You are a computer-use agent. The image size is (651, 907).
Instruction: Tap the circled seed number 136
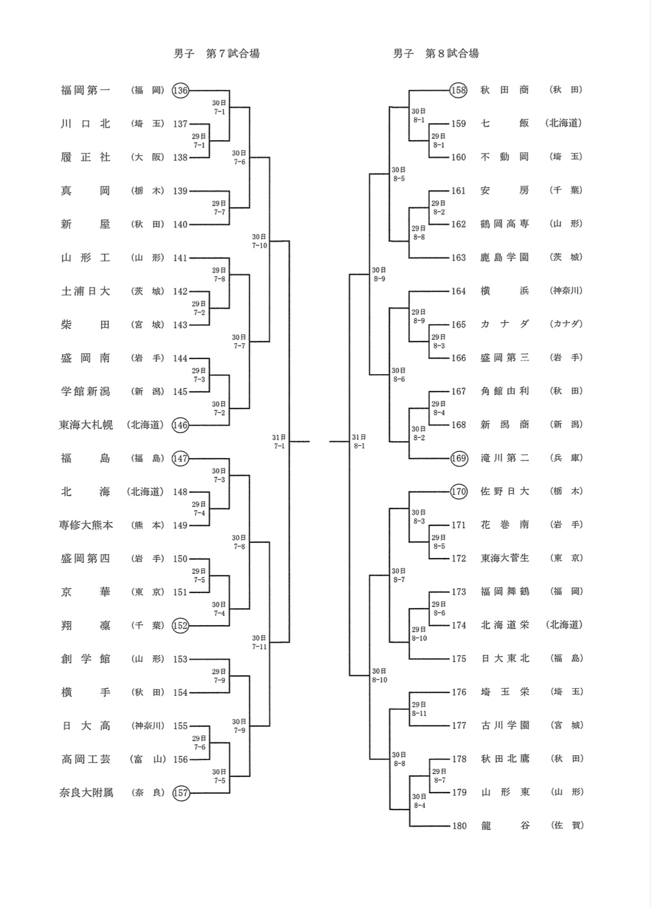181,90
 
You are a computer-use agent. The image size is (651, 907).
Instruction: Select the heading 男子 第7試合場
216,54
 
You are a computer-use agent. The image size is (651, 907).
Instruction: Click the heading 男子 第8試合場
436,54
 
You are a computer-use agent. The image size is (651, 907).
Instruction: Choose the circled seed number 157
181,793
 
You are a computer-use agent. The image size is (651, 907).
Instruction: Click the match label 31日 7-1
279,442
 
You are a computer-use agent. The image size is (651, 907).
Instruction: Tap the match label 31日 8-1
359,442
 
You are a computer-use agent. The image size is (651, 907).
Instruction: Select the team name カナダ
505,325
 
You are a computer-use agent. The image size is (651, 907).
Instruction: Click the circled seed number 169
459,458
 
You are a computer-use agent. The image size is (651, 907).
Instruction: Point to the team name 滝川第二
505,458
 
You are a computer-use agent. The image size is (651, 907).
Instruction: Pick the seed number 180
459,826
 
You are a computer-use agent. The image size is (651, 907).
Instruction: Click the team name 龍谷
505,826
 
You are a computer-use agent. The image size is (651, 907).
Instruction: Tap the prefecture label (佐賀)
566,826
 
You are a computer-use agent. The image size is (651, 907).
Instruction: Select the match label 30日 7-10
260,241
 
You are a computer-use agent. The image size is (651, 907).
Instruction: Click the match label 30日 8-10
379,676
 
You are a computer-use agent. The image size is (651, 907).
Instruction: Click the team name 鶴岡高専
505,224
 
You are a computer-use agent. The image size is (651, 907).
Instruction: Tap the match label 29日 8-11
419,709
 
